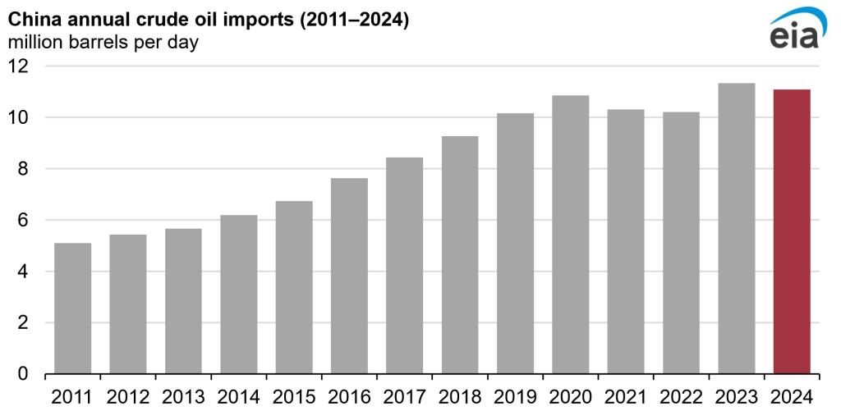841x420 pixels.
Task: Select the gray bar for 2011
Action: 72,308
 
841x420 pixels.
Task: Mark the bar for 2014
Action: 238,294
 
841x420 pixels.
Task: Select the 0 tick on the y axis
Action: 23,374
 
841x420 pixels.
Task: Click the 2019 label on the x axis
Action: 515,398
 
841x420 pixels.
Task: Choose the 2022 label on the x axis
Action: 681,398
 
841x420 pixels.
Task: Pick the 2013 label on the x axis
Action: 183,398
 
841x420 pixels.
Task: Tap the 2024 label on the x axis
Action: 792,398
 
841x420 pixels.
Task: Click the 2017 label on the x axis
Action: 404,398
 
